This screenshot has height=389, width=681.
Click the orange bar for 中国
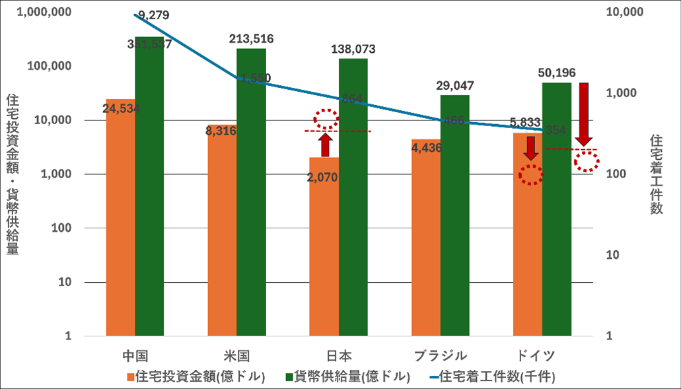[x=120, y=218]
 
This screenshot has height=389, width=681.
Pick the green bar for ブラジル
[x=455, y=218]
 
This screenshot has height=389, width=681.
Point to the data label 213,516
[x=251, y=39]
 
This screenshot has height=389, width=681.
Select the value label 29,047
[x=455, y=85]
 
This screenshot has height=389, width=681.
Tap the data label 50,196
[x=557, y=71]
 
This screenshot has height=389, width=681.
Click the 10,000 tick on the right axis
[x=624, y=13]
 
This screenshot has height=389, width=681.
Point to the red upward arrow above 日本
[x=325, y=144]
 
